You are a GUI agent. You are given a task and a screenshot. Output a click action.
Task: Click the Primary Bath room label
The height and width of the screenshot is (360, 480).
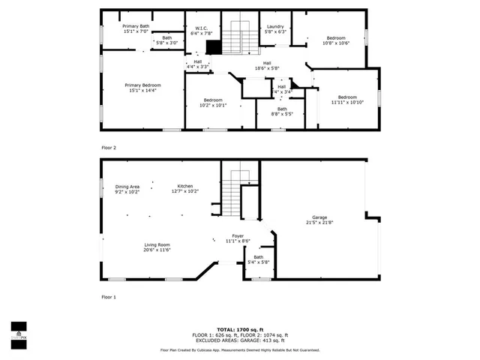pyautogui.click(x=136, y=26)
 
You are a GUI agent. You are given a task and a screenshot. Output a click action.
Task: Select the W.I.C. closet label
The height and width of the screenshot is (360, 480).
pyautogui.click(x=201, y=30)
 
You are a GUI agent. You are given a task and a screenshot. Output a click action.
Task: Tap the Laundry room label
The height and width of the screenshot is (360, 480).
pyautogui.click(x=275, y=27)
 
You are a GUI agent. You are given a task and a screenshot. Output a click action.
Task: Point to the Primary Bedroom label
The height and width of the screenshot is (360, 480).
pyautogui.click(x=142, y=85)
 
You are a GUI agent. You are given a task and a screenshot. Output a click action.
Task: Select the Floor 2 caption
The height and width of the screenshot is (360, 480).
pyautogui.click(x=109, y=147)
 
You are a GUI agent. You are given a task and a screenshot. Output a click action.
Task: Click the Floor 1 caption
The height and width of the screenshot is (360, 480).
pyautogui.click(x=109, y=297)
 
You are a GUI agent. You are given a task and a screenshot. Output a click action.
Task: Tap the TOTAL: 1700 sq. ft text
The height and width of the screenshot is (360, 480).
pyautogui.click(x=240, y=329)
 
